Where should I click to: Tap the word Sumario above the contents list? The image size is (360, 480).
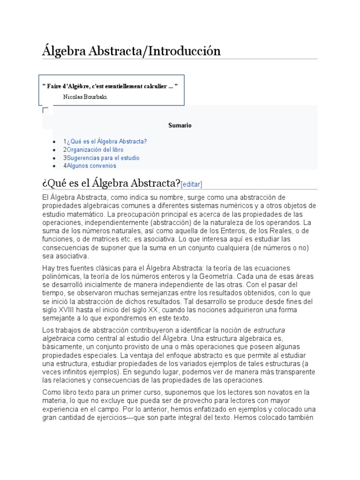pos(180,126)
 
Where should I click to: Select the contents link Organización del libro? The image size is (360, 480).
pos(95,150)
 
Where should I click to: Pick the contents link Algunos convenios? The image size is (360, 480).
pos(91,166)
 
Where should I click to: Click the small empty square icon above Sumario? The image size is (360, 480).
pos(45,110)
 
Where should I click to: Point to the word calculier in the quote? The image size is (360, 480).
pos(153,87)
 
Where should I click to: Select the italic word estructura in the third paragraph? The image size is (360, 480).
pos(269,330)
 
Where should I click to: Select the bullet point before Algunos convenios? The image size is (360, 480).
pos(55,166)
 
